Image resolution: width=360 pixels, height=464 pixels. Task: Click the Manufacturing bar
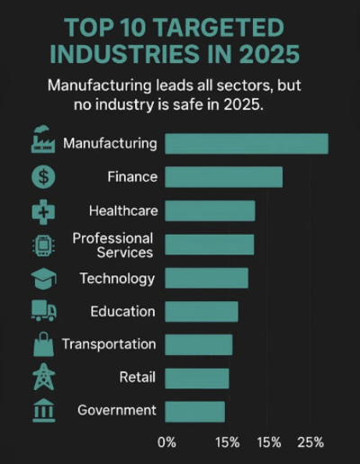(x=247, y=144)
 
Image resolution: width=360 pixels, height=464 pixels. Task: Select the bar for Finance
(x=224, y=177)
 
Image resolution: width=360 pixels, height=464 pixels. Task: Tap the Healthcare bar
(x=210, y=211)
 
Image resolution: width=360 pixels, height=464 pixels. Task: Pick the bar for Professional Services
(x=210, y=245)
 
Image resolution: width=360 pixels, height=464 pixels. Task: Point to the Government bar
(x=194, y=411)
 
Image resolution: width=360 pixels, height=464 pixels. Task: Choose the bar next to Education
(x=202, y=312)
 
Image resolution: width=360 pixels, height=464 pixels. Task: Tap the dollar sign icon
(x=43, y=177)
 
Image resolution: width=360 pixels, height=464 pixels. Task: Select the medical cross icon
(x=43, y=212)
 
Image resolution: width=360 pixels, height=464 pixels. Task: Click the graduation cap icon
(x=43, y=279)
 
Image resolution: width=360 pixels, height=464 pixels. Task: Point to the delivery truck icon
(x=43, y=311)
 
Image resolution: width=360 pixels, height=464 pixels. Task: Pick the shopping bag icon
(x=43, y=345)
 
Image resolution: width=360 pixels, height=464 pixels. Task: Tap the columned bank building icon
(x=43, y=411)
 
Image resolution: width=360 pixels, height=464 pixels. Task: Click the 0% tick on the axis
(x=166, y=442)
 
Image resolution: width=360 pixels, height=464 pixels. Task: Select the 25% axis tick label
(x=310, y=442)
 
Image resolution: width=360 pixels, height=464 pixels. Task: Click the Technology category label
(x=117, y=279)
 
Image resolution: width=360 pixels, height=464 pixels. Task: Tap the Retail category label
(x=137, y=378)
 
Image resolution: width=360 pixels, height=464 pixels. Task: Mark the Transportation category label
(x=109, y=344)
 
